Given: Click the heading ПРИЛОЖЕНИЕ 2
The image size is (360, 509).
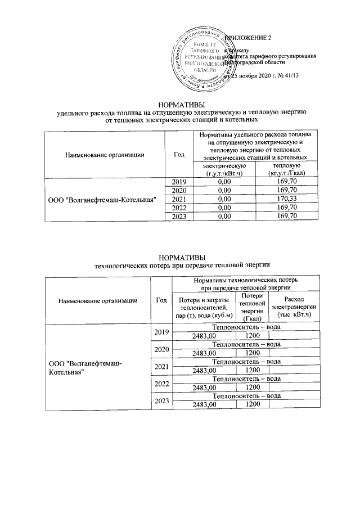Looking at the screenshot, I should pyautogui.click(x=247, y=38).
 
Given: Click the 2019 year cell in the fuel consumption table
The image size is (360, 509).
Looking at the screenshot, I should pyautogui.click(x=178, y=182).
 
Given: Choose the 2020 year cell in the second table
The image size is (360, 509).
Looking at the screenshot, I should pyautogui.click(x=161, y=349).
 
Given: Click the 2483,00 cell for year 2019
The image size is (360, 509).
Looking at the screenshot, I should pyautogui.click(x=204, y=336).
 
